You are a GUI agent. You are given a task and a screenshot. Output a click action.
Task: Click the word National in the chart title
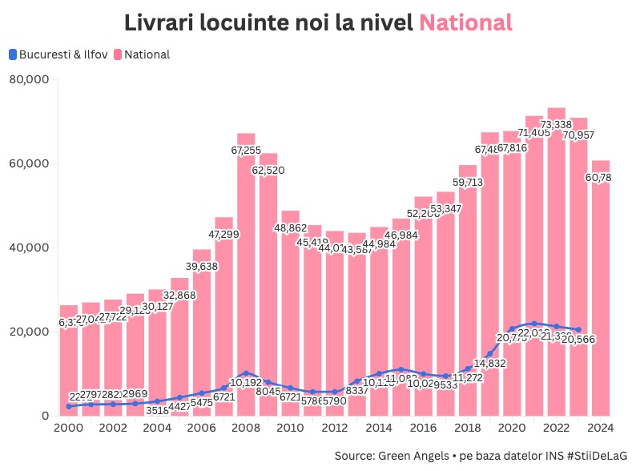tap(465, 22)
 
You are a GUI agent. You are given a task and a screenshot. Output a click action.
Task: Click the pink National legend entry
tap(147, 54)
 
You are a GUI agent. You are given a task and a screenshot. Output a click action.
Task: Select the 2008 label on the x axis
tap(246, 429)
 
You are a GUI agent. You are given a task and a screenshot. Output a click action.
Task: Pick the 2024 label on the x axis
tap(601, 429)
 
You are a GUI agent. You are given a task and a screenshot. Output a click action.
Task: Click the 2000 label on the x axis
tap(69, 429)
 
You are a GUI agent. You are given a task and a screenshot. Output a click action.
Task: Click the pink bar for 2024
tap(601, 304)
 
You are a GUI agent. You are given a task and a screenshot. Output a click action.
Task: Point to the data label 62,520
tap(268, 171)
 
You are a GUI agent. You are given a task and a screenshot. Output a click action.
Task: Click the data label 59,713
tap(468, 183)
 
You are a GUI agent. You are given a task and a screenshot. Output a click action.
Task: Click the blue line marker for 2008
tap(246, 373)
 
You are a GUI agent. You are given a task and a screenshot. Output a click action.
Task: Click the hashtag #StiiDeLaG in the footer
tap(590, 455)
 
